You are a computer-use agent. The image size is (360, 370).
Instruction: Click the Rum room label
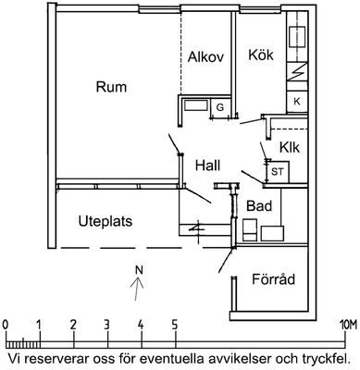click(111, 87)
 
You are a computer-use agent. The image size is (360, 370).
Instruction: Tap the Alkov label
click(205, 57)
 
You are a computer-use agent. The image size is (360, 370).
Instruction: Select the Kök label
click(261, 55)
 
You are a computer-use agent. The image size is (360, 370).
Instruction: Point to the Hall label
click(207, 166)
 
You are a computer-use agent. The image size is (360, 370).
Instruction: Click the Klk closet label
click(290, 147)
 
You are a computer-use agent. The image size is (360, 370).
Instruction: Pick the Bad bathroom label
click(259, 205)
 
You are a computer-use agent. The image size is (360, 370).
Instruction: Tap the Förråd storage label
click(274, 278)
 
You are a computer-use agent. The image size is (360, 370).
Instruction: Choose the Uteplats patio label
click(106, 221)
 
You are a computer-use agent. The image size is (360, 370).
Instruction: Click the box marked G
click(220, 107)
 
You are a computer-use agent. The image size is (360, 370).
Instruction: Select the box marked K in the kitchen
click(297, 101)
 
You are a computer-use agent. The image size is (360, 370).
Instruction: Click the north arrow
click(137, 289)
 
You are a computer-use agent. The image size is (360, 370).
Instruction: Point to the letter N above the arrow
click(140, 270)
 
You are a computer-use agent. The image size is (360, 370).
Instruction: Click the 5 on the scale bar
click(175, 325)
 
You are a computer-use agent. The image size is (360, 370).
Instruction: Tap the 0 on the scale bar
click(5, 325)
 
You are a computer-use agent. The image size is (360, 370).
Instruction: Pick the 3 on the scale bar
click(106, 325)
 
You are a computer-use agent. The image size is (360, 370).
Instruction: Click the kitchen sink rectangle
click(297, 37)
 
